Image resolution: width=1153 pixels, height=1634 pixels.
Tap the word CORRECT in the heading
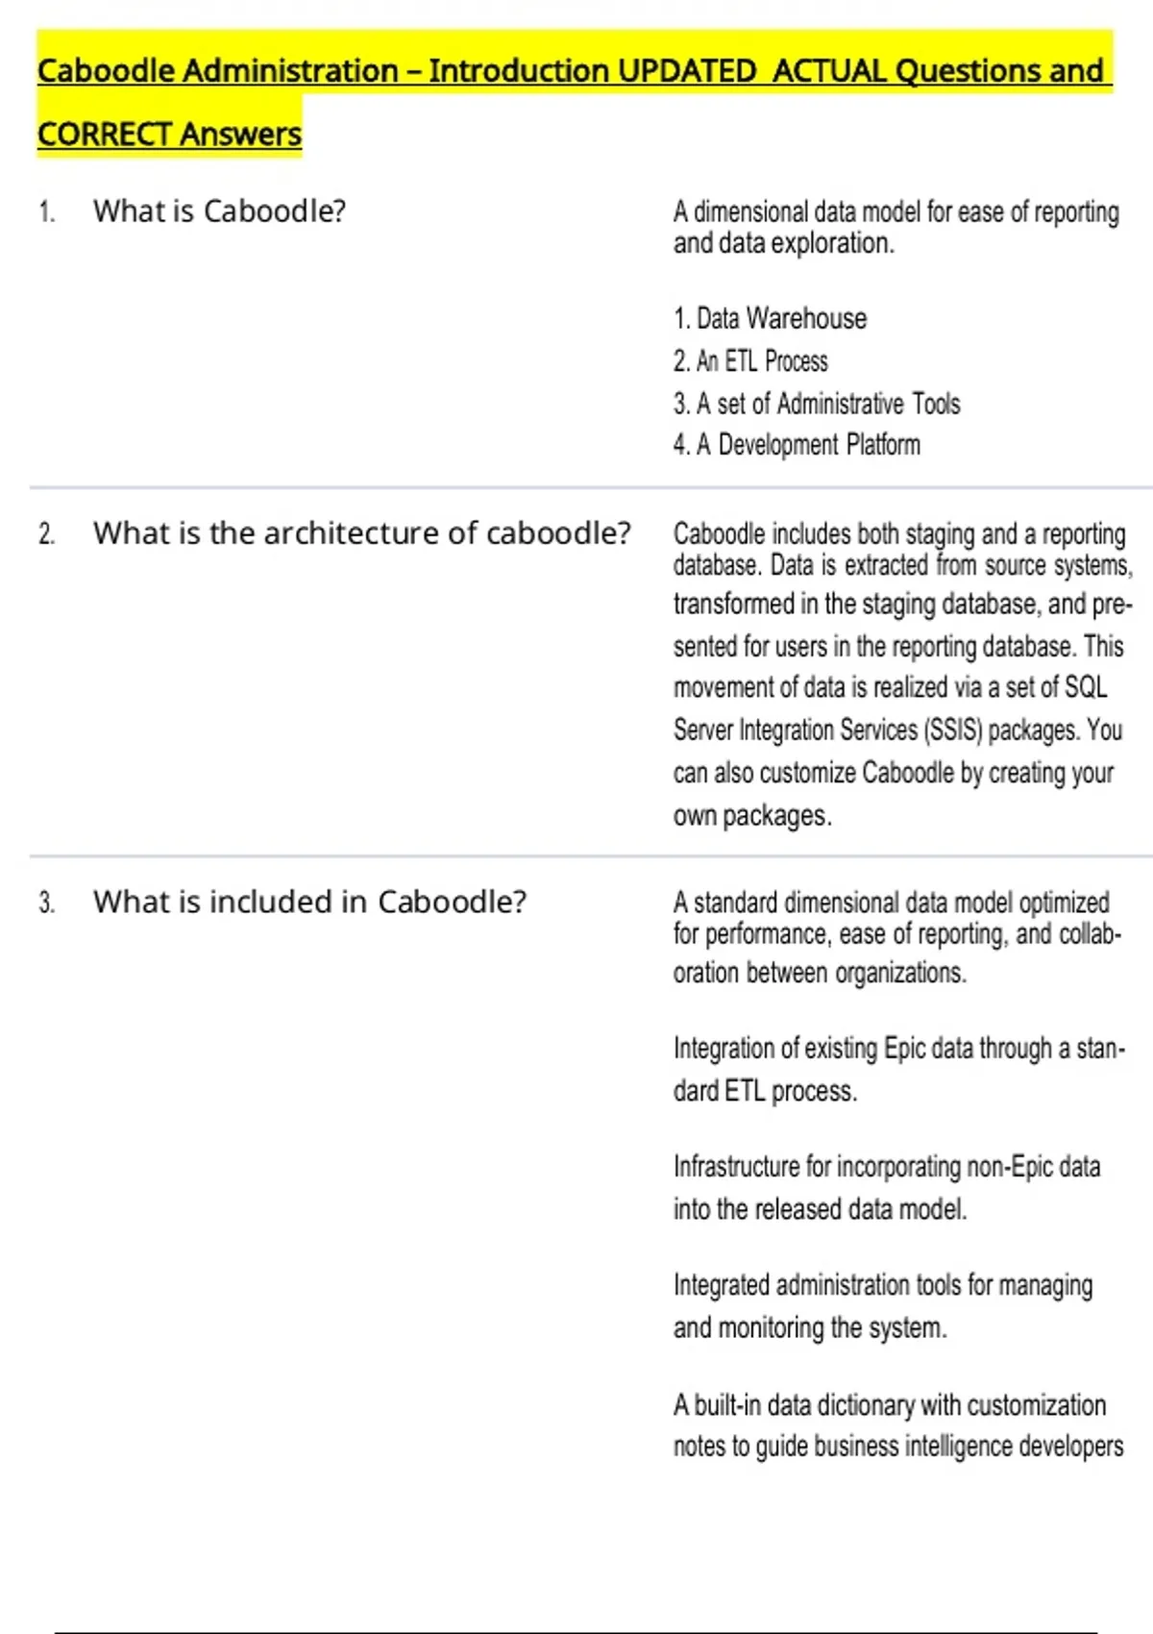[x=104, y=135]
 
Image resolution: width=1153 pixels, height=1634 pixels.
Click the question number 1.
[x=47, y=212]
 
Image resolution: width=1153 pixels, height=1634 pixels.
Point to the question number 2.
[x=47, y=534]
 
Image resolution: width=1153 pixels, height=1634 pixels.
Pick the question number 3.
[x=47, y=904]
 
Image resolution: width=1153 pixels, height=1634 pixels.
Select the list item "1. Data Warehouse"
[x=770, y=319]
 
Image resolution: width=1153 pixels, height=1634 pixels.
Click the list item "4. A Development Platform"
[x=797, y=445]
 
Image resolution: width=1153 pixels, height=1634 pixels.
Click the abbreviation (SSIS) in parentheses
[x=952, y=730]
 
